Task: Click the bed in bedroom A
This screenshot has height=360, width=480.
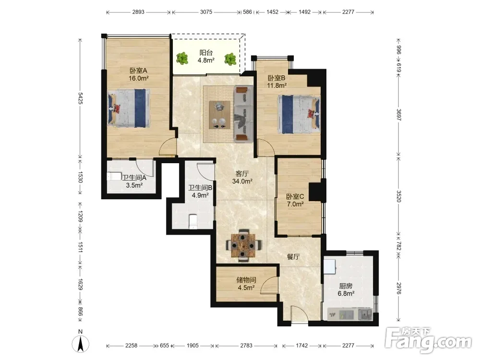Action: pos(129,108)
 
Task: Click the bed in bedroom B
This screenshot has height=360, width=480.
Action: pos(299,115)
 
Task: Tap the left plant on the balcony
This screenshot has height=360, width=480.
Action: pos(182,58)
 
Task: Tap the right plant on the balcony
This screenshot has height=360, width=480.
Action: pos(230,59)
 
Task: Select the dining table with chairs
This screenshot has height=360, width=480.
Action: pos(244,245)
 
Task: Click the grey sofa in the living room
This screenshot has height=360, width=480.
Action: pos(244,114)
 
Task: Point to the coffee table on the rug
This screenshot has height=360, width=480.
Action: pos(219,115)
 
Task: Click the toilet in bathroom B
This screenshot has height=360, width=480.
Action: pos(193,222)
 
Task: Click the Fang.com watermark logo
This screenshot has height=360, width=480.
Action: pos(428,339)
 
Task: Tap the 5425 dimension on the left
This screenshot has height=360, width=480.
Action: pos(81,98)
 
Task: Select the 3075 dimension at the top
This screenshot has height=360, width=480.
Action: pos(206,12)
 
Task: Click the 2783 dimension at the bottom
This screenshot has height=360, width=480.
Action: pos(246,345)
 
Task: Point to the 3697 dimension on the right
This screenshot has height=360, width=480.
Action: pos(398,115)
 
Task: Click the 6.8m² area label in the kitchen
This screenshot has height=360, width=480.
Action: pos(346,294)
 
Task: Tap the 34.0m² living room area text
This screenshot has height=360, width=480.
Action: pos(242,181)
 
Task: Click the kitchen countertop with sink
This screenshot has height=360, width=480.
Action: pos(350,314)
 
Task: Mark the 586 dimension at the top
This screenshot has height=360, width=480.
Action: pos(247,12)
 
